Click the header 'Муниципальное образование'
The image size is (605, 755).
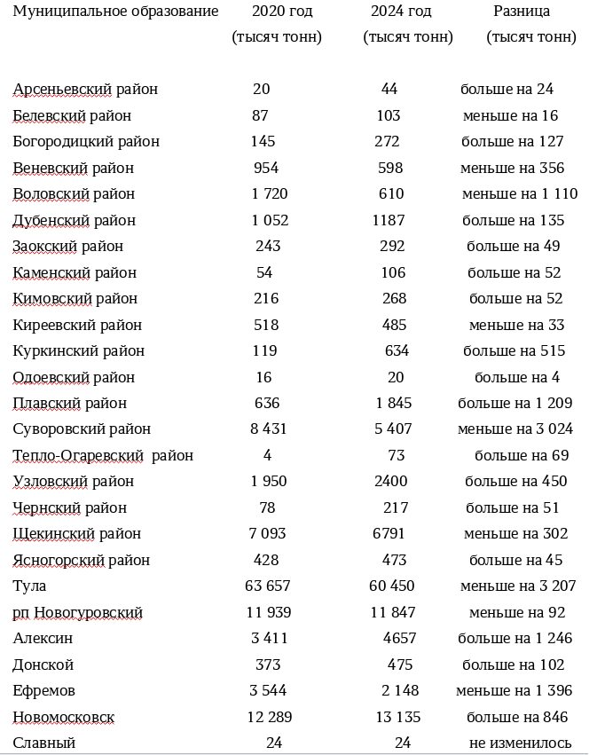[115, 12]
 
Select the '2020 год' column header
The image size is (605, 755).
[276, 12]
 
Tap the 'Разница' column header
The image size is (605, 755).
[521, 12]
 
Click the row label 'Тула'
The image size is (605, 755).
[29, 586]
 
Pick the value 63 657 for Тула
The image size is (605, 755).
[267, 586]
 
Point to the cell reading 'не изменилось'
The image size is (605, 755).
[520, 743]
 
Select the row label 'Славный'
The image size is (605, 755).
[44, 743]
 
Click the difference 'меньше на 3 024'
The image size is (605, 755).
[515, 429]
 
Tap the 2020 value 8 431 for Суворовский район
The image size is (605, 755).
[268, 429]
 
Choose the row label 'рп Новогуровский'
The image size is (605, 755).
[77, 613]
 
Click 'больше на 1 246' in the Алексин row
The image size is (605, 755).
[515, 639]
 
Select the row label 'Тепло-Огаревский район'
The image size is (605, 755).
[103, 456]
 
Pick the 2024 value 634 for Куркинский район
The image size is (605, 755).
[397, 351]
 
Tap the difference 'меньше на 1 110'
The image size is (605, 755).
[520, 194]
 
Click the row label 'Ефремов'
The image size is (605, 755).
[43, 691]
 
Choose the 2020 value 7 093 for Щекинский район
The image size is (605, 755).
[267, 534]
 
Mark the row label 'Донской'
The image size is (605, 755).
[43, 665]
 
